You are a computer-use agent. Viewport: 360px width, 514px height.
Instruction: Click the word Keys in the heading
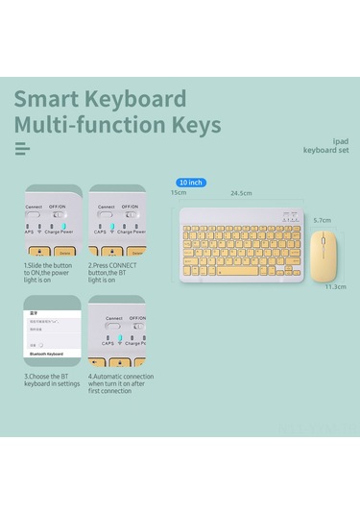[x=192, y=125]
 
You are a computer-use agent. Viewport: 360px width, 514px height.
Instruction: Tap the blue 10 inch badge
[x=191, y=182]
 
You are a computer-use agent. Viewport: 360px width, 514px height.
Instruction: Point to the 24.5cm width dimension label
[x=241, y=193]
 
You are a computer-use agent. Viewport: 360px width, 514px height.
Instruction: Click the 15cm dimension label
[x=179, y=193]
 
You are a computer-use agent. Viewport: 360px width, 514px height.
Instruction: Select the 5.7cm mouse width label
[x=323, y=220]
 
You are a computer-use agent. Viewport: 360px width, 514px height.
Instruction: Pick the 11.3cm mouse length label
[x=335, y=286]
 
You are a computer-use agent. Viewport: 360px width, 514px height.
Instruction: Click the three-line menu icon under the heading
[x=22, y=148]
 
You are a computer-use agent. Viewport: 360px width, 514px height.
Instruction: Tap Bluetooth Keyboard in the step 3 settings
[x=45, y=354]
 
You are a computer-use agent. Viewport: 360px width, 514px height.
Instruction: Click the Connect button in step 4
[x=113, y=327]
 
